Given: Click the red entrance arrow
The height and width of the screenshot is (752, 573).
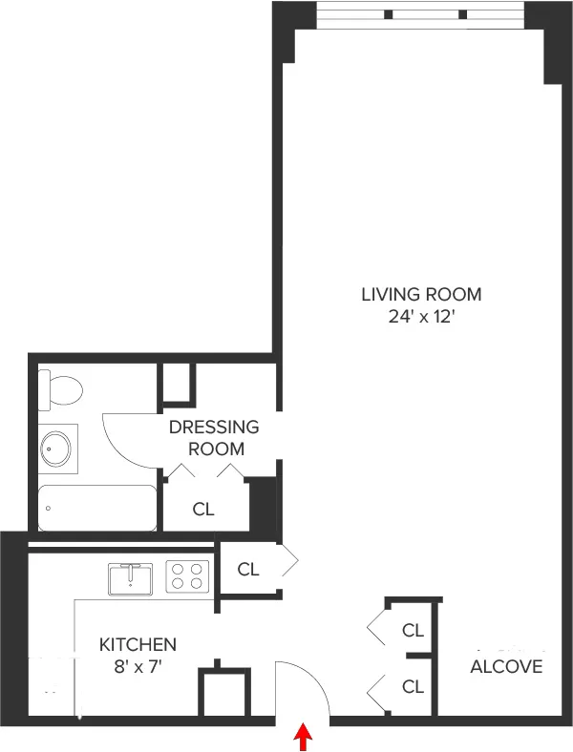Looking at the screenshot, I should click(303, 736).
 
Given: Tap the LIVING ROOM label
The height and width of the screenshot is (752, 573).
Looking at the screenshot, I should click(421, 294).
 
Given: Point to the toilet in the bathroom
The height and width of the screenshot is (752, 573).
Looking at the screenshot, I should click(60, 389).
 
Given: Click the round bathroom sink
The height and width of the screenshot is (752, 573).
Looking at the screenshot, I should click(56, 448).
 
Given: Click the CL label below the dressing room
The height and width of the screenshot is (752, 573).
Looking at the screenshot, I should click(203, 510).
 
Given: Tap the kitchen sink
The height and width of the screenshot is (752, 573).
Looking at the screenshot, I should click(130, 578).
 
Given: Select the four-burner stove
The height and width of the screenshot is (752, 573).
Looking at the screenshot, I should click(188, 576).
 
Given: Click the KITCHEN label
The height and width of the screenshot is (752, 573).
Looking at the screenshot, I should click(138, 645).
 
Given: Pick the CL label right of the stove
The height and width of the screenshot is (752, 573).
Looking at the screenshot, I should click(248, 570).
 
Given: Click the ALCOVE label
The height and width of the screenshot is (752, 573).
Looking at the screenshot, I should click(506, 666).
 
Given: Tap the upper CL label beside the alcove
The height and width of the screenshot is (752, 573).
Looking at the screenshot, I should click(413, 630).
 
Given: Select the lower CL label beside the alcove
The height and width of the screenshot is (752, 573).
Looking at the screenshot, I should click(413, 686).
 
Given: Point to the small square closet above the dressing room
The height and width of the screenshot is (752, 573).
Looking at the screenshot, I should click(177, 383).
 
